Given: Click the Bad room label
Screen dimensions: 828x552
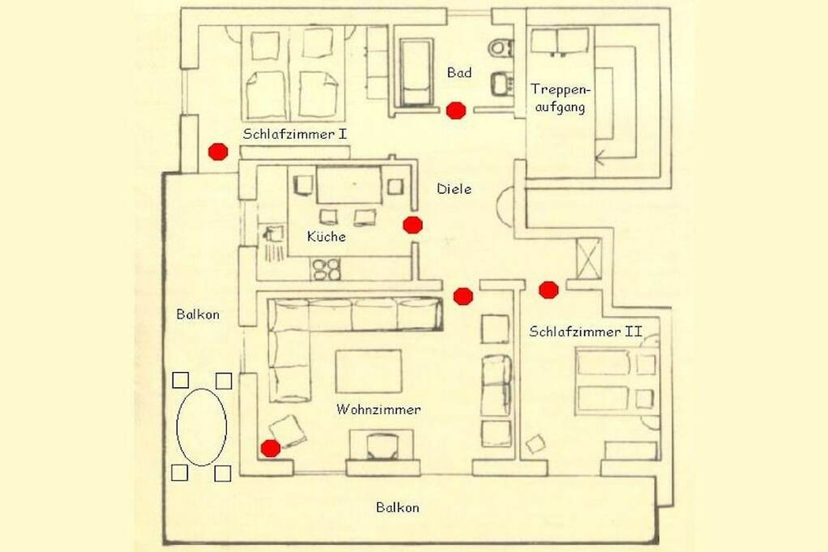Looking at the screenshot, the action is [x=460, y=72].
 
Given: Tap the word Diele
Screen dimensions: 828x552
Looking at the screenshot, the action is [x=454, y=189].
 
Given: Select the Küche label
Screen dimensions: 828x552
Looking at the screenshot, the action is [x=326, y=236].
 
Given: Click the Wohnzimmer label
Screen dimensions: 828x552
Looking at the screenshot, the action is [x=379, y=410].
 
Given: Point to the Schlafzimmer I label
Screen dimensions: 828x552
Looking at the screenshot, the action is [x=295, y=135].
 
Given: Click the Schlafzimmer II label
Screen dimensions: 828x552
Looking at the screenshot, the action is [x=586, y=332].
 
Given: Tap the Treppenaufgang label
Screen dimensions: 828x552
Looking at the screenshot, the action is [x=560, y=99].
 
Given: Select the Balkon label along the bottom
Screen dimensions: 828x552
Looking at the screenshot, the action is [x=397, y=508].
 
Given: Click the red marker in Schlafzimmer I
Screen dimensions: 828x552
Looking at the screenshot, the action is [x=218, y=152].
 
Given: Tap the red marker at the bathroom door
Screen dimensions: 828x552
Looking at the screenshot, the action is [x=456, y=110].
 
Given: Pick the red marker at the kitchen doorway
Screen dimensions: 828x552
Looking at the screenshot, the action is [x=413, y=225].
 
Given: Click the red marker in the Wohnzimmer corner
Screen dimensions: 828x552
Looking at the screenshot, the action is [x=270, y=448].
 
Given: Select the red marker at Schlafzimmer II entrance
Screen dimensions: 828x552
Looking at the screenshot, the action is [x=549, y=290].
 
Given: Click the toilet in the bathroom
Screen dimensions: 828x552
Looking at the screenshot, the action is [x=500, y=48].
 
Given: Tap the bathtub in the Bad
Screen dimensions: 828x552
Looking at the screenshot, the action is [x=417, y=73].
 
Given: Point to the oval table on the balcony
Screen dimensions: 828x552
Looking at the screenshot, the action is [x=201, y=427].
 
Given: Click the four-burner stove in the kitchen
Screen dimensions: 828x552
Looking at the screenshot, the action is [x=326, y=269].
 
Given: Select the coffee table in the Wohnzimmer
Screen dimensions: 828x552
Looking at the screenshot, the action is [x=368, y=371].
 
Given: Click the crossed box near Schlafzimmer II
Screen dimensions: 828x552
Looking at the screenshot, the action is [x=589, y=259].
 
